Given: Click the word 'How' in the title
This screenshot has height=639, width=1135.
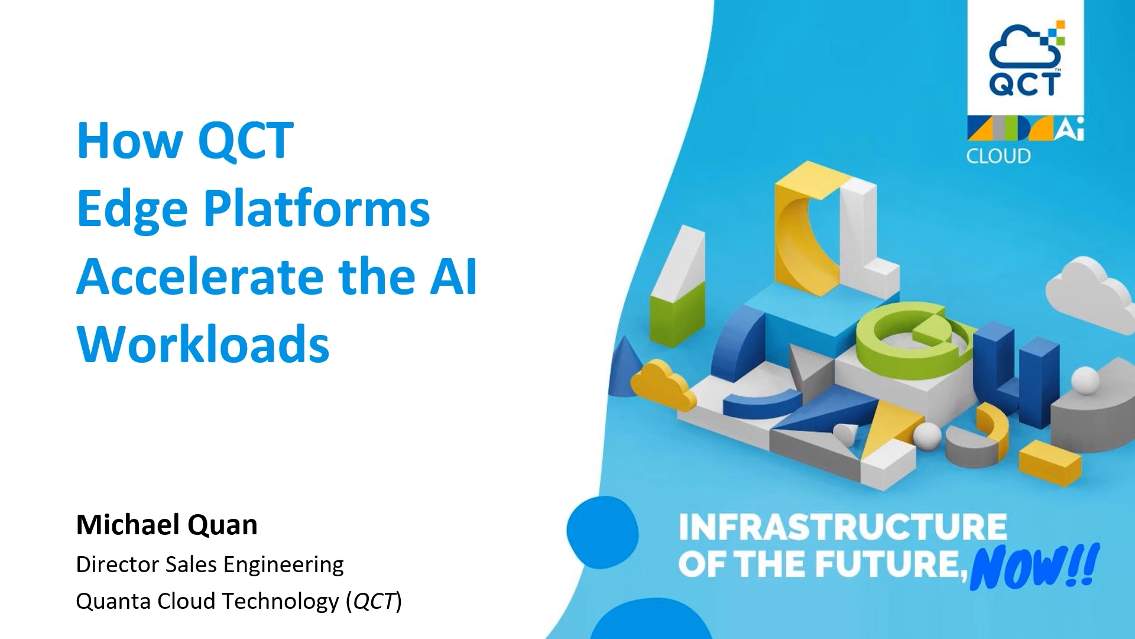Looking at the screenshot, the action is (130, 140).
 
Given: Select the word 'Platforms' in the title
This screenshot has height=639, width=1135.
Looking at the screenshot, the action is (317, 208).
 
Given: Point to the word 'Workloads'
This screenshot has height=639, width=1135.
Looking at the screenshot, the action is (203, 344).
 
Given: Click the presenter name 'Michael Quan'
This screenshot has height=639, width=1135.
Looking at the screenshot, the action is (167, 525).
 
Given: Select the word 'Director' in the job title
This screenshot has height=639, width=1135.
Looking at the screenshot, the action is (118, 564).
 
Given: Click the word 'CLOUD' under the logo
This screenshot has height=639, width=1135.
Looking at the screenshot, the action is (998, 156).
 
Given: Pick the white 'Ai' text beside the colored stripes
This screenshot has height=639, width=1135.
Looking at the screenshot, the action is (1069, 128).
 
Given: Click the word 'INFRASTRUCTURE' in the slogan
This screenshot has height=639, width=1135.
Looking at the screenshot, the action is (842, 527).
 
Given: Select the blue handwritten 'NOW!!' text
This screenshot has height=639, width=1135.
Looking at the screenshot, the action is (1035, 567).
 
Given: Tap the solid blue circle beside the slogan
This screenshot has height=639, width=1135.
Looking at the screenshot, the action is (602, 532).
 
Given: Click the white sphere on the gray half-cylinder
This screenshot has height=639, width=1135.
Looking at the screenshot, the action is (1085, 380).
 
